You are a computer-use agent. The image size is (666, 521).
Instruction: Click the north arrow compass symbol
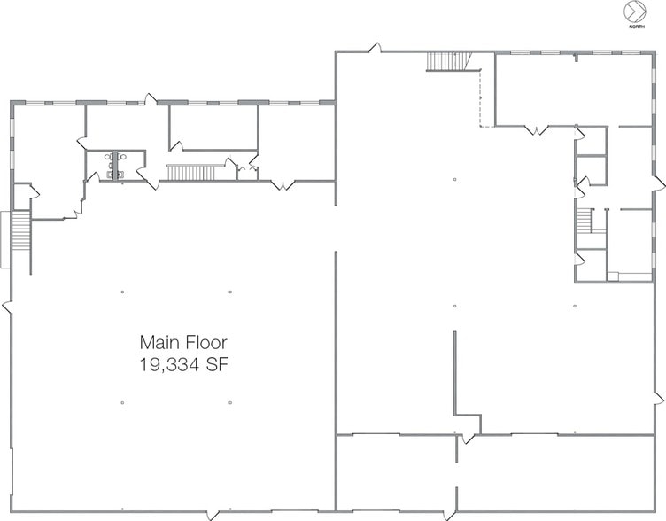tap(635, 12)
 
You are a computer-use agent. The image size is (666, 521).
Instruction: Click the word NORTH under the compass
tap(636, 27)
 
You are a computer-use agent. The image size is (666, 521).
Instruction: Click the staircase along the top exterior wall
tap(446, 61)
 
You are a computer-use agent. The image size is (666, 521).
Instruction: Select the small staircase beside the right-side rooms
tap(585, 221)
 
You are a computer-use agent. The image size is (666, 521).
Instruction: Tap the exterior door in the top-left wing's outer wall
tap(151, 99)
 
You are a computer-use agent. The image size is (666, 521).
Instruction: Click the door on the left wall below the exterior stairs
tap(8, 307)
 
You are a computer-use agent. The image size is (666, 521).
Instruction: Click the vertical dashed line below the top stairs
tap(480, 97)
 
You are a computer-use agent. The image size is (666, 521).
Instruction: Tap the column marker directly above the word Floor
tap(230, 291)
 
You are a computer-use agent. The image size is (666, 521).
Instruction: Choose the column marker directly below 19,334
tap(230, 403)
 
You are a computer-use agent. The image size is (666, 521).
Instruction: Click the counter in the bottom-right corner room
tap(632, 276)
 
